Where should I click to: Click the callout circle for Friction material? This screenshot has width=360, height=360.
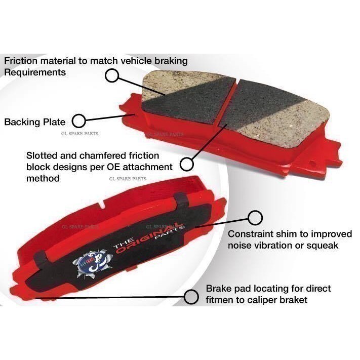[112, 76]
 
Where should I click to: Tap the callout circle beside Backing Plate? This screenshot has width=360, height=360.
[78, 121]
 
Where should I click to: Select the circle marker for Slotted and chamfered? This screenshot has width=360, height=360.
[187, 164]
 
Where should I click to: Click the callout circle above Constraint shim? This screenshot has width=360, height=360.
[255, 218]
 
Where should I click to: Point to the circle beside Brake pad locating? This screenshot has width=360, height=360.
[191, 297]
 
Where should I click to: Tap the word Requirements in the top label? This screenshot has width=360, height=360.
[35, 72]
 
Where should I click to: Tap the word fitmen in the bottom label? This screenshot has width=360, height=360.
[221, 300]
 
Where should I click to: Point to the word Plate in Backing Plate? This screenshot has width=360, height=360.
[56, 122]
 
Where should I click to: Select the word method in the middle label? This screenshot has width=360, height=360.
[43, 178]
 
